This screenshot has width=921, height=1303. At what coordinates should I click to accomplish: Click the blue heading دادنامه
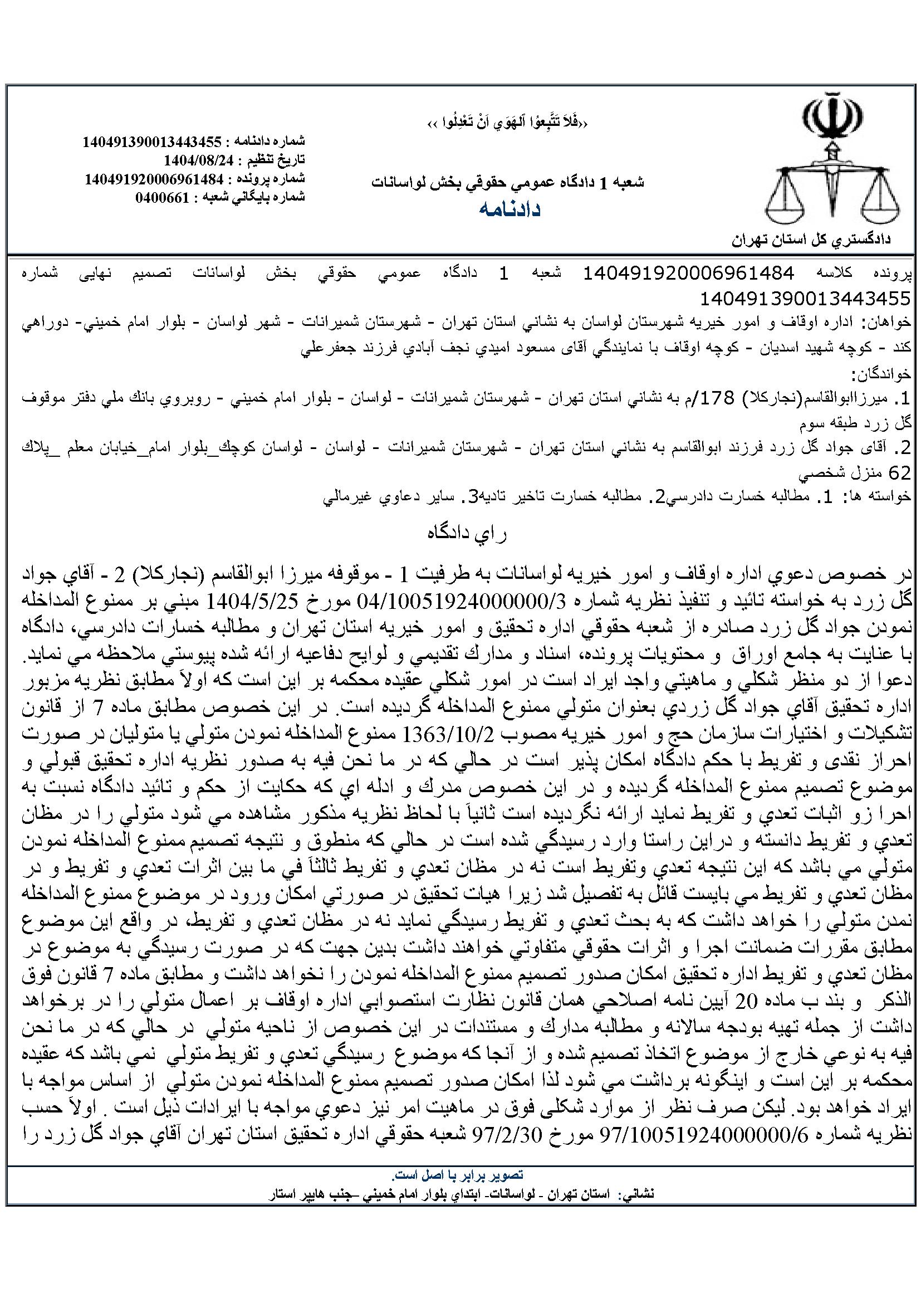(510, 209)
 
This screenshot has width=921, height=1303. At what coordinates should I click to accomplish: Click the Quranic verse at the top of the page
(506, 123)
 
